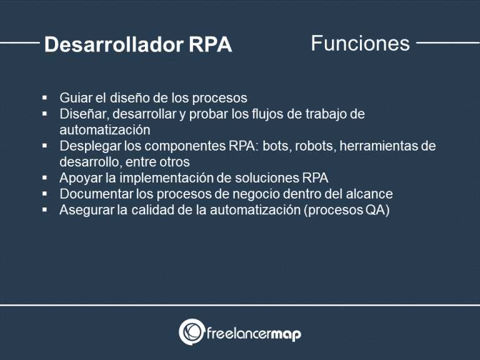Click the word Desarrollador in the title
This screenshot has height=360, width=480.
tap(113, 44)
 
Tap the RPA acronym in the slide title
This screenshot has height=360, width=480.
tap(210, 44)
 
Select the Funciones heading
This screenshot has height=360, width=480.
tap(360, 43)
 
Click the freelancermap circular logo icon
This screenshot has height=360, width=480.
tap(191, 332)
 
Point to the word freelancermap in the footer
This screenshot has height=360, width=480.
tap(254, 334)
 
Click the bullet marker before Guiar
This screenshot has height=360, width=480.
tap(45, 98)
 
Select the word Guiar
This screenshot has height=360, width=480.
tap(75, 98)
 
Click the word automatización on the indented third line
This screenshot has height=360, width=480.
tap(105, 130)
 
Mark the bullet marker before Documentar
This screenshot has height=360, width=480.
tap(45, 194)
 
